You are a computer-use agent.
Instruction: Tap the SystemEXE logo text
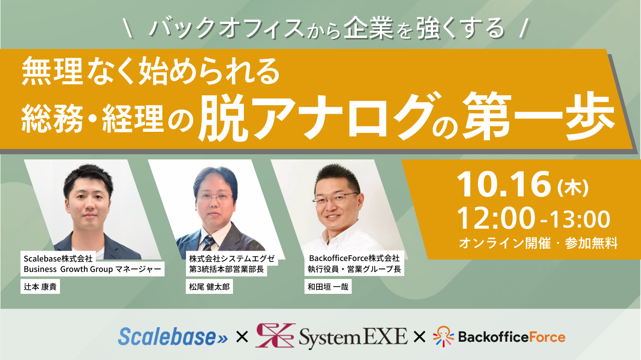coord(353,337)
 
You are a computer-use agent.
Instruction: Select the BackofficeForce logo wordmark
coord(511,337)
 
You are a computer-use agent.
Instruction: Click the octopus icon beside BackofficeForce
coord(443,337)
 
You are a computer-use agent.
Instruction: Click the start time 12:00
coord(496,219)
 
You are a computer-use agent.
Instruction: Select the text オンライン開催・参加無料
coord(538,243)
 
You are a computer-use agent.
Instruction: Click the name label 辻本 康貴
coord(40,287)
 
